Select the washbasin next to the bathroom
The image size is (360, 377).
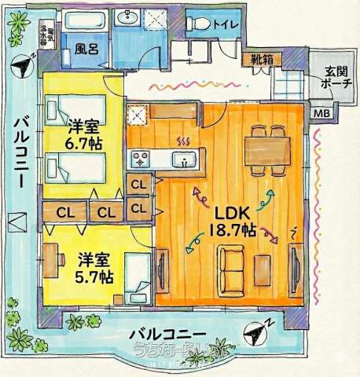pyautogui.click(x=127, y=19)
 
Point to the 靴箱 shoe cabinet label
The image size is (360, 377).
pyautogui.click(x=262, y=59)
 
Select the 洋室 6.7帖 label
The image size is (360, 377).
pyautogui.click(x=82, y=134)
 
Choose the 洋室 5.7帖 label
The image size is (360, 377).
pyautogui.click(x=95, y=267)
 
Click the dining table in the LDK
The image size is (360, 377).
pyautogui.click(x=266, y=149)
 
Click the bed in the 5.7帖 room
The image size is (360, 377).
pyautogui.click(x=139, y=279)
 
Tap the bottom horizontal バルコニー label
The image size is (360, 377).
pyautogui.click(x=174, y=334)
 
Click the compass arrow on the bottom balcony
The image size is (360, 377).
pyautogui.click(x=256, y=333)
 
